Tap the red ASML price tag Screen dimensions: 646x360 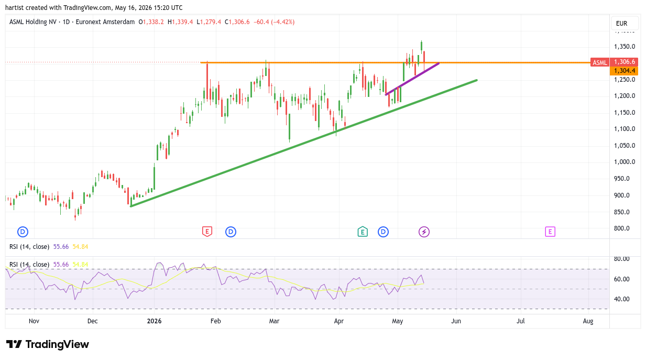[x=600, y=62]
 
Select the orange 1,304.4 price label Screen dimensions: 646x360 [x=624, y=71]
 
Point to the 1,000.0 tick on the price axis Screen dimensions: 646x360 [x=625, y=162]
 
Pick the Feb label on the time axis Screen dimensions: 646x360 [x=216, y=321]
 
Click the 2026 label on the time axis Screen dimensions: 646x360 [x=154, y=321]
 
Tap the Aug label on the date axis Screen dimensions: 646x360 [x=588, y=321]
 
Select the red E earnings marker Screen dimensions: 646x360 [x=207, y=232]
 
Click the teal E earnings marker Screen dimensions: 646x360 [x=363, y=232]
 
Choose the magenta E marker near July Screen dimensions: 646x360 [x=550, y=232]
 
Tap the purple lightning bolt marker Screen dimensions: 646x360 [x=424, y=232]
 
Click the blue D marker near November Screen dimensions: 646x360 [x=23, y=232]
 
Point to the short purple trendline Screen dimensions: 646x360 [x=412, y=79]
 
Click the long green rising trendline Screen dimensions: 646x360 [x=304, y=143]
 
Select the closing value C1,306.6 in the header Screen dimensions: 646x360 [x=237, y=22]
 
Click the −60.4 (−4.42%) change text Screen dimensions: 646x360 [x=274, y=22]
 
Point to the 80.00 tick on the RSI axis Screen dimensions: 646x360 [x=621, y=259]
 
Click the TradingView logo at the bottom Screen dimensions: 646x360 [x=48, y=344]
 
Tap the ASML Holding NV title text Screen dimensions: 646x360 [x=33, y=22]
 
